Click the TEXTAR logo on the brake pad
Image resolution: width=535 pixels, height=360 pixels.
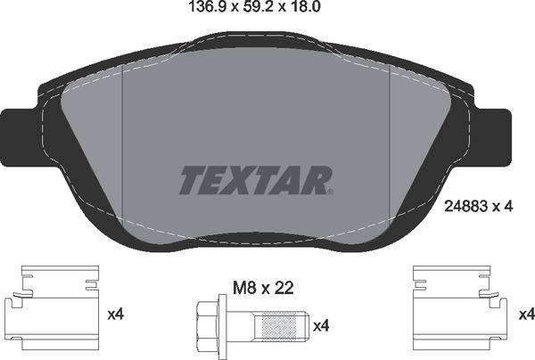tap(255, 180)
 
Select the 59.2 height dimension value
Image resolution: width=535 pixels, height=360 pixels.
tap(259, 7)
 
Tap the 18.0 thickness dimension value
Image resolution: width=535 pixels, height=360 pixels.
tap(306, 7)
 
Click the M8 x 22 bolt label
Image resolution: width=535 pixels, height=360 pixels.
tap(263, 289)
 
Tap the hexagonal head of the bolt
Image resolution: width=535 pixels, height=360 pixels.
tap(208, 326)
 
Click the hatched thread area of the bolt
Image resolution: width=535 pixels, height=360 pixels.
tap(277, 326)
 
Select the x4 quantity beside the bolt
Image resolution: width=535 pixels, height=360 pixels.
tap(321, 326)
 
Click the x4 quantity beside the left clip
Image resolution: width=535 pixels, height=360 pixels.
tap(116, 315)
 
